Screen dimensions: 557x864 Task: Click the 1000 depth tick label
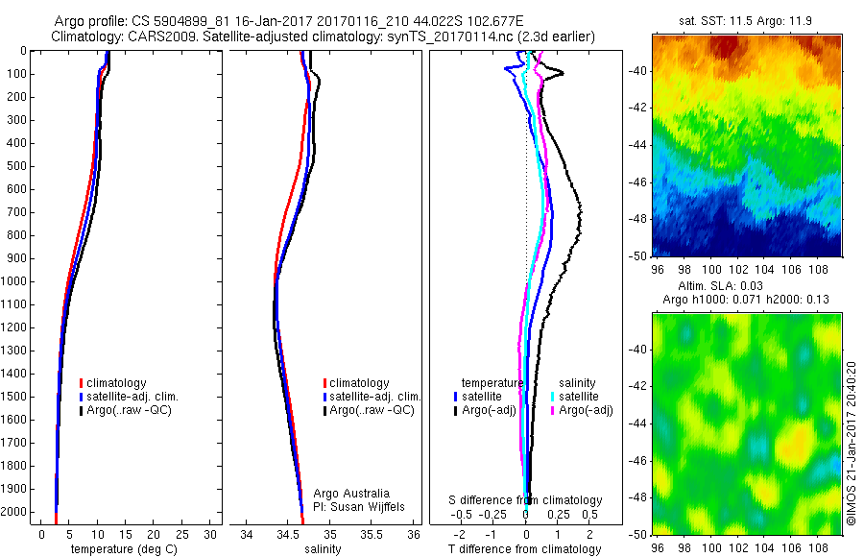click(16, 281)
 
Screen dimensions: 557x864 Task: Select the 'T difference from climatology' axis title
click(525, 549)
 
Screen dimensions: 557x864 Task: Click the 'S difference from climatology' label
click(525, 500)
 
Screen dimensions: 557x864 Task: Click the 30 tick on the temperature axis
click(210, 534)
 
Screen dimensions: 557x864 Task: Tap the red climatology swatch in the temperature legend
click(82, 383)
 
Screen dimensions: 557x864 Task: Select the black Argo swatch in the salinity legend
click(325, 410)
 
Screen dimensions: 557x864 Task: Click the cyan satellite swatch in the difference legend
click(553, 396)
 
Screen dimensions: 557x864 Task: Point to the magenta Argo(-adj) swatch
click(553, 410)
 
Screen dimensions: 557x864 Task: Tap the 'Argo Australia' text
click(351, 493)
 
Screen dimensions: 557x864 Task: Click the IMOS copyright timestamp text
click(852, 444)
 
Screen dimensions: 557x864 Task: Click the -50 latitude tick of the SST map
click(636, 255)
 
